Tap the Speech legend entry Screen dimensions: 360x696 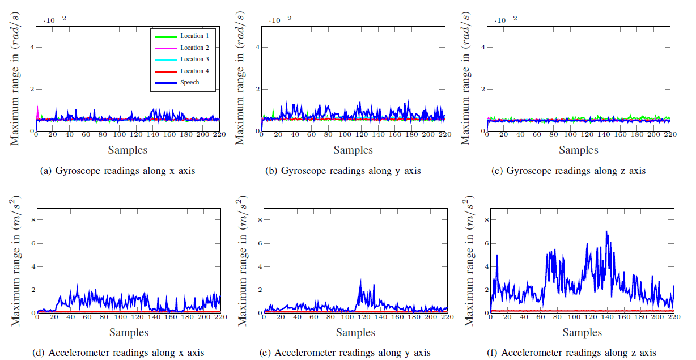(x=189, y=82)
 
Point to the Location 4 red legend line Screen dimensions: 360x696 (x=165, y=71)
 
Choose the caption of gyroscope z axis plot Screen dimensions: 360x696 (x=576, y=171)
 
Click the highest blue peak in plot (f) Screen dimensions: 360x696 (x=606, y=231)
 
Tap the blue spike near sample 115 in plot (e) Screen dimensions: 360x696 (x=361, y=280)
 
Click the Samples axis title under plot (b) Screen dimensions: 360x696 (x=353, y=150)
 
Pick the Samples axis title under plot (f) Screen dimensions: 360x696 (x=578, y=332)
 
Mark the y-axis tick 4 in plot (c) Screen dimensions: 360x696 (x=483, y=47)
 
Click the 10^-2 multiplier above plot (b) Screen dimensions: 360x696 (x=280, y=20)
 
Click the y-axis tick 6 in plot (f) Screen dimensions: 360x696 (x=483, y=243)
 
